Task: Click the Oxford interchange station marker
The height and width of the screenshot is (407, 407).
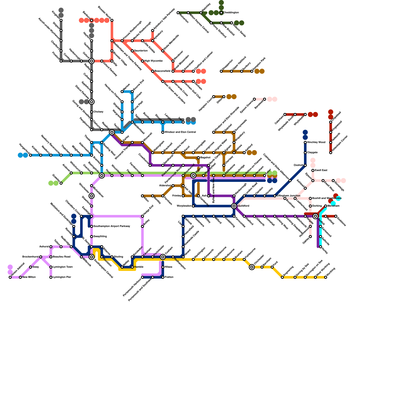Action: coord(92,61)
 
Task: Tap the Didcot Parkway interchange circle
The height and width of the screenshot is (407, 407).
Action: coord(92,102)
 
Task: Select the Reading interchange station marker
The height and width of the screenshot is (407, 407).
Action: coord(112,132)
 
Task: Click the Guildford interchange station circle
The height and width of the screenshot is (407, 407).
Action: coord(234,206)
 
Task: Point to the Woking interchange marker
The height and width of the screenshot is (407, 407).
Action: coord(193,176)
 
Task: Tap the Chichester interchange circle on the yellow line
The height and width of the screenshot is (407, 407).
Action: coord(252,267)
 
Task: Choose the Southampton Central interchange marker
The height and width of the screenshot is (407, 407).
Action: coord(92,257)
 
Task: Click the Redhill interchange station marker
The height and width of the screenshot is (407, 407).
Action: coord(315,216)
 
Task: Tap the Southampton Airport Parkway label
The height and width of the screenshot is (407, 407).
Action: coord(108,226)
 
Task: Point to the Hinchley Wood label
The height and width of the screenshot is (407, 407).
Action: coord(316,142)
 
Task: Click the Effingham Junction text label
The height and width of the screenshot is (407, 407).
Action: coord(288,196)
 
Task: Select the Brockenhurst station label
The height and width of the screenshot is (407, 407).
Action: coord(30,257)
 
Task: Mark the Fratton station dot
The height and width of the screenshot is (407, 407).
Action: coord(163,277)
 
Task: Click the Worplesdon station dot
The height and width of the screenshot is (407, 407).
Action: coord(193,206)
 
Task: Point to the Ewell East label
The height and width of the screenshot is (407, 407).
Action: coord(321,170)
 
